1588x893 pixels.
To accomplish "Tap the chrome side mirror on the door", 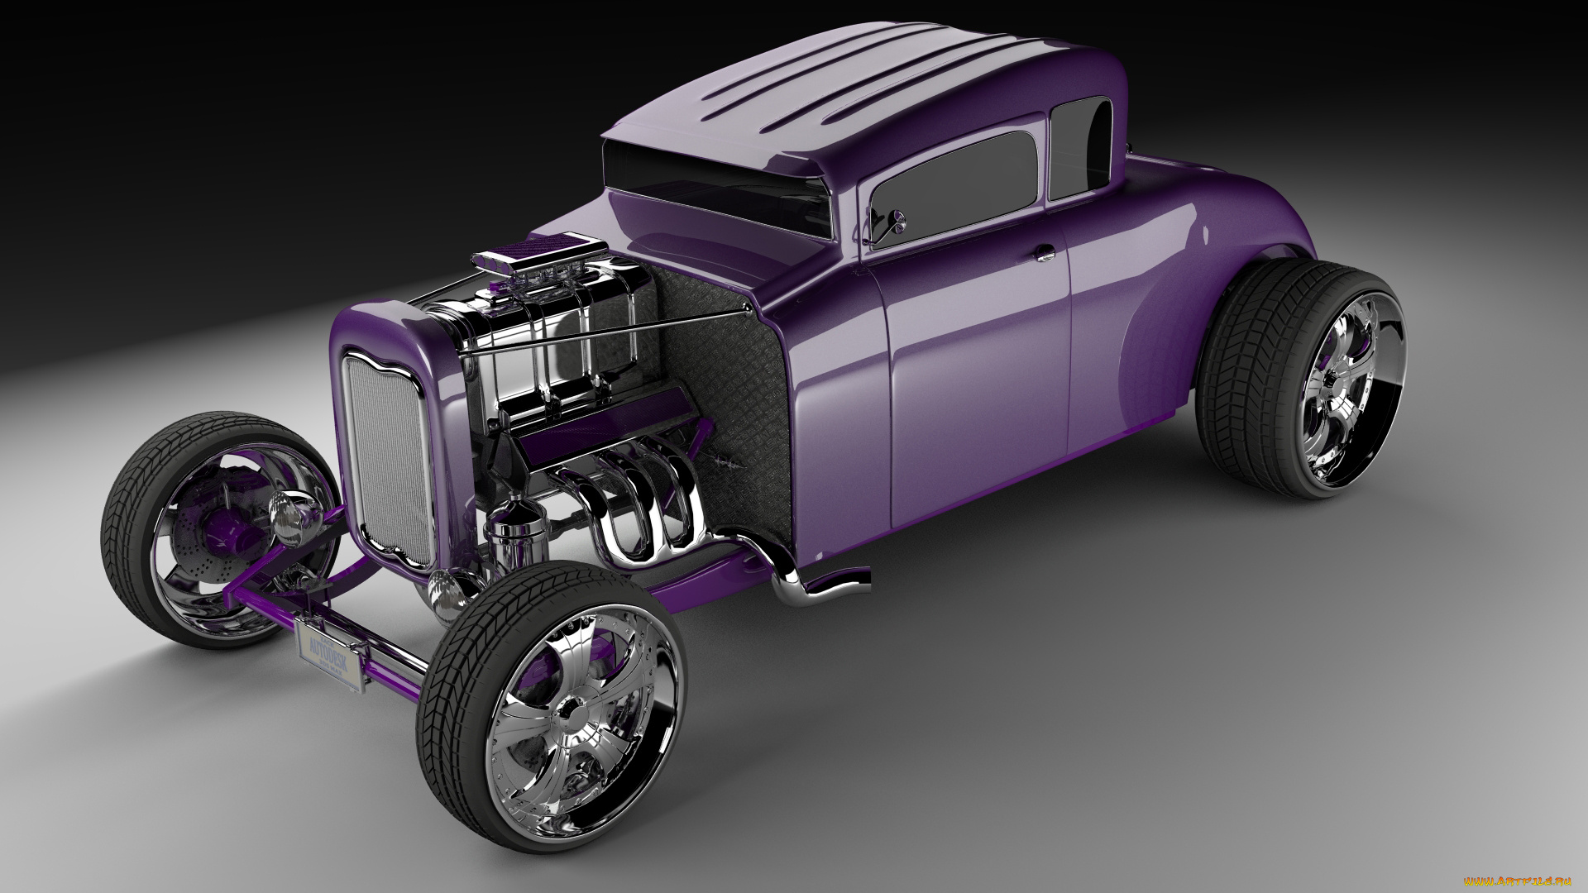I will click(896, 220).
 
